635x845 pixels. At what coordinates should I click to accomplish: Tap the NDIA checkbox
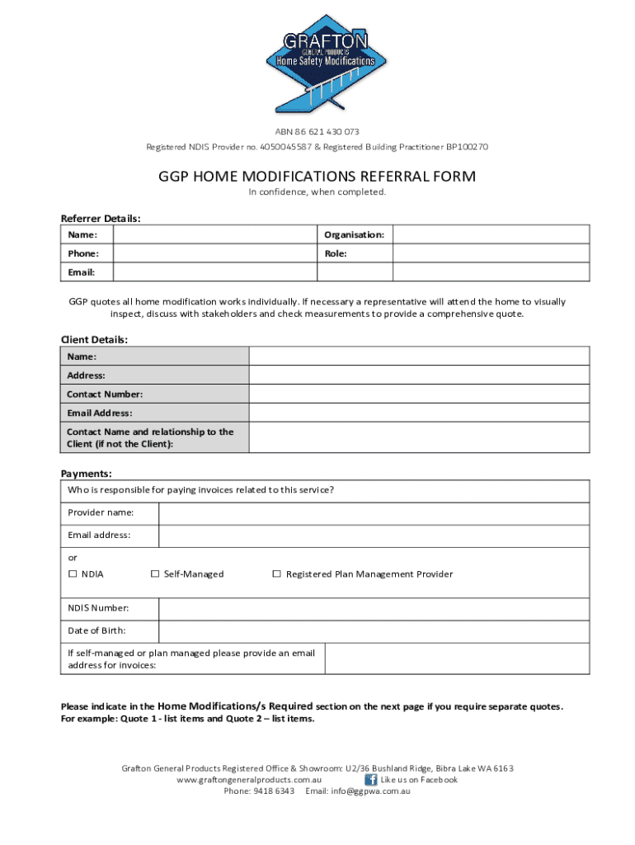73,574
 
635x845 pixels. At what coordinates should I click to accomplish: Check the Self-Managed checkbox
155,574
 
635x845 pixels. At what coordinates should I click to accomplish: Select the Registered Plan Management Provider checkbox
277,574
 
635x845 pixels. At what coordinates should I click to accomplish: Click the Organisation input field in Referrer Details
491,234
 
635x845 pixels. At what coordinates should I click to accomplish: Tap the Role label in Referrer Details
336,253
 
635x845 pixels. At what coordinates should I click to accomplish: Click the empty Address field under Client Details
419,375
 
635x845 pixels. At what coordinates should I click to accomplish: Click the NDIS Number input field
374,609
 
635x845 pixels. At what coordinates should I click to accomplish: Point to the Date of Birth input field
374,632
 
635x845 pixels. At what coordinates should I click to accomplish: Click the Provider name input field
374,513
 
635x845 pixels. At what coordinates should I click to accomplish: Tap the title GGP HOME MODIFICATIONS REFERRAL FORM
317,177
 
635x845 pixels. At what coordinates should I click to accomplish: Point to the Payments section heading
87,474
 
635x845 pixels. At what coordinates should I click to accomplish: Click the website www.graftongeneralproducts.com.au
249,780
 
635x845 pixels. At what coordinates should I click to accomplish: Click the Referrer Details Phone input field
214,253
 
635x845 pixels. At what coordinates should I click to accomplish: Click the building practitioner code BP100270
467,147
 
